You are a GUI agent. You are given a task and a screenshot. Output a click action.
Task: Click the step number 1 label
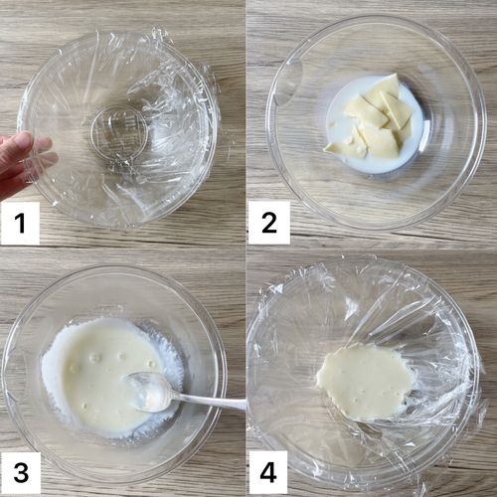pos(20,224)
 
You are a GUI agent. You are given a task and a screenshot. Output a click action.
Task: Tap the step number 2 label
pos(269,223)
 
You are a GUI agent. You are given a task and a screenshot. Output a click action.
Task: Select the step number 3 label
pos(21,472)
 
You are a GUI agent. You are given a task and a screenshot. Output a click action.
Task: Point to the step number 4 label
pos(267,472)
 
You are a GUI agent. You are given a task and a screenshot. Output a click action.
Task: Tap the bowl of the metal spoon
pos(146,392)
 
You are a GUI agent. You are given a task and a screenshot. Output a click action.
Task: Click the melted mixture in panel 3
pos(109,375)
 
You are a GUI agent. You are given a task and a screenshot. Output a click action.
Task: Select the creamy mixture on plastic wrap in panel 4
pos(365,381)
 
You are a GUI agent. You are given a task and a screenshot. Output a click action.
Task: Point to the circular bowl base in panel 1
pos(118,133)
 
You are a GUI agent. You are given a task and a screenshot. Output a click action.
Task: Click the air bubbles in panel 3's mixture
pos(109,360)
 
